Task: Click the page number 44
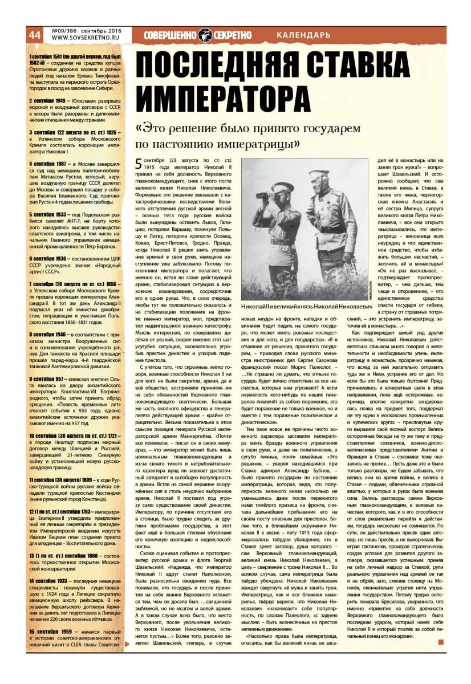pyautogui.click(x=34, y=35)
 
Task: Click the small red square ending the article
pyautogui.click(x=441, y=642)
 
